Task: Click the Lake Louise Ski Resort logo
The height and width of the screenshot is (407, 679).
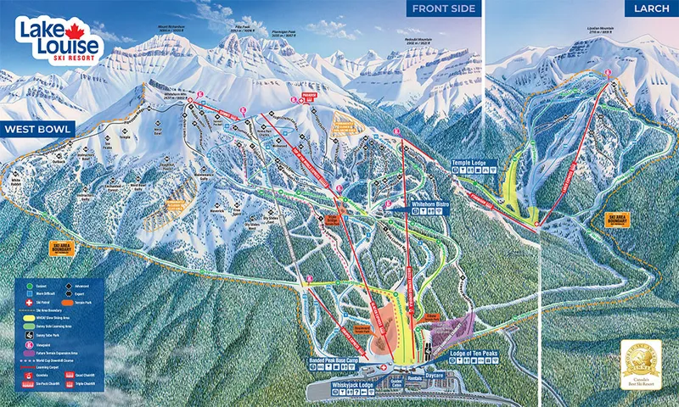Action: (58, 39)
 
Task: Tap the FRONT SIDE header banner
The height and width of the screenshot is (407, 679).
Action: (443, 9)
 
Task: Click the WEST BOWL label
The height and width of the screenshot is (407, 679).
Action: (37, 130)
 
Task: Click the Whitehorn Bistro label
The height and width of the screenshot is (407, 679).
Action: (410, 204)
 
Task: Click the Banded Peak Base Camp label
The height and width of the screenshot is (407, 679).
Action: (344, 360)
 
